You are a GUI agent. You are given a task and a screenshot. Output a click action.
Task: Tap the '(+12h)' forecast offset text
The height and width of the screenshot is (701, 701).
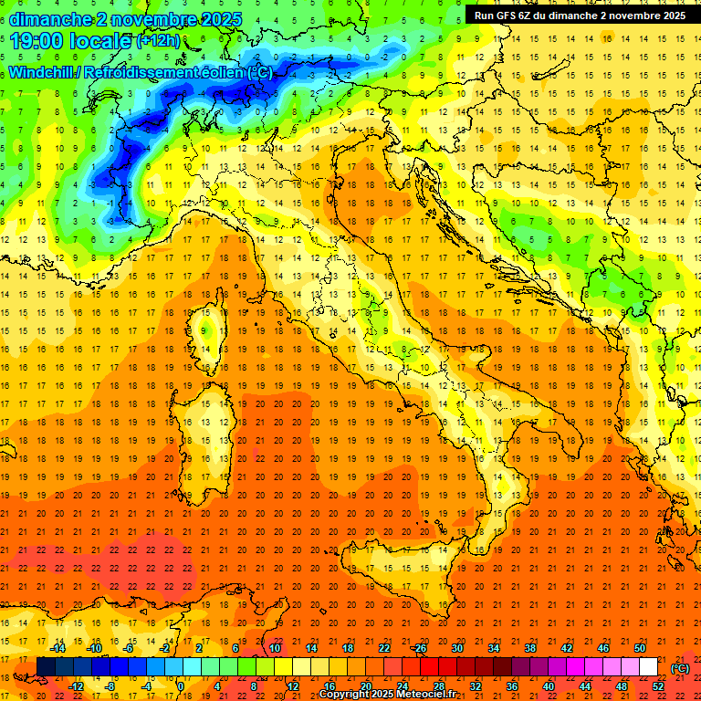(x=158, y=41)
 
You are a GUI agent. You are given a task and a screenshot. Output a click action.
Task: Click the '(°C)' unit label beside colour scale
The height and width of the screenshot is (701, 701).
(x=680, y=668)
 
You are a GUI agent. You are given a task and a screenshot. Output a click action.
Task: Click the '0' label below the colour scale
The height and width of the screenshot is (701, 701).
(x=181, y=686)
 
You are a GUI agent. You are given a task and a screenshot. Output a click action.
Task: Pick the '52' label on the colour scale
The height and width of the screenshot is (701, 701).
(x=658, y=686)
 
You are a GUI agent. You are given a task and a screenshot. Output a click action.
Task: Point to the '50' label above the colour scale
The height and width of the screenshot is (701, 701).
(x=640, y=648)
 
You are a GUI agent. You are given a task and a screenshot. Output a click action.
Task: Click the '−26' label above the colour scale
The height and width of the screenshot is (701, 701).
(x=420, y=648)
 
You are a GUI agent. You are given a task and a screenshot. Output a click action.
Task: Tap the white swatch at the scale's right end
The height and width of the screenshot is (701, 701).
(x=649, y=667)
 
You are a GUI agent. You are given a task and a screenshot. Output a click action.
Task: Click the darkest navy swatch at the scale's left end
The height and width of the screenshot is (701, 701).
(x=46, y=667)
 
